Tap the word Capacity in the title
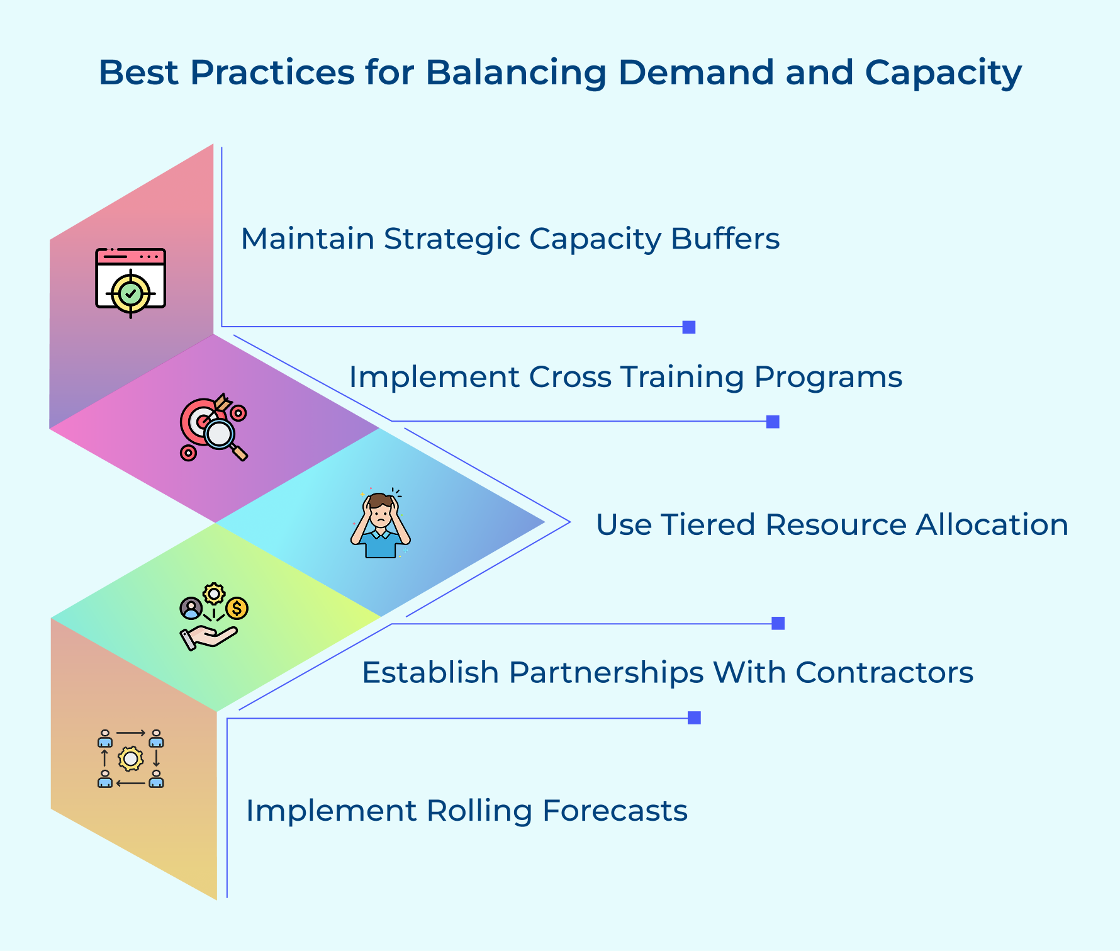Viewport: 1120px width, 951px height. (943, 73)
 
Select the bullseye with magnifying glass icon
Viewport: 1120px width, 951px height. (213, 429)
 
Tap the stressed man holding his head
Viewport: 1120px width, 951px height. (381, 524)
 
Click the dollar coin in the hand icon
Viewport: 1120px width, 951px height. (237, 608)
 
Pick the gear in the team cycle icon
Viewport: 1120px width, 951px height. (130, 758)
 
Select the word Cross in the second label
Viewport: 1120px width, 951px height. (569, 377)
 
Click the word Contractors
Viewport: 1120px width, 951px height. (884, 673)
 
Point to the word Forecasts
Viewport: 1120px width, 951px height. (615, 811)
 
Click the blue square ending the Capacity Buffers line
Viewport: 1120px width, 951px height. (689, 327)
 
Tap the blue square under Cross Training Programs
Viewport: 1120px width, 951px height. (773, 422)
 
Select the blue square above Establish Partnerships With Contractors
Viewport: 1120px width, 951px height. (778, 623)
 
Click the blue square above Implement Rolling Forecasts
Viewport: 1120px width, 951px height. (694, 718)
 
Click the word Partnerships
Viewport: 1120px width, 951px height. (605, 673)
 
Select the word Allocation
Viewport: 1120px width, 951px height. (992, 525)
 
